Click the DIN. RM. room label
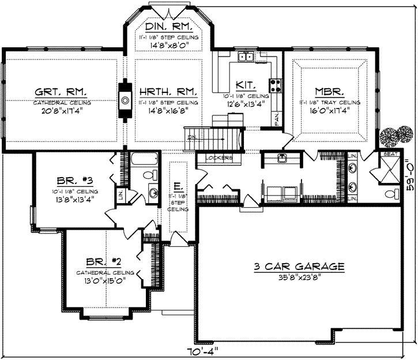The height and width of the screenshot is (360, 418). (169, 27)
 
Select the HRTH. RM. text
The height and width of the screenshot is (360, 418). (169, 92)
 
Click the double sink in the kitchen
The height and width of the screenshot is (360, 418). (247, 57)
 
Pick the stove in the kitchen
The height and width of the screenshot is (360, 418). (276, 85)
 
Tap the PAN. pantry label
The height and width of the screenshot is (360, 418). (277, 119)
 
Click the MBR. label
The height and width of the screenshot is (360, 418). (330, 92)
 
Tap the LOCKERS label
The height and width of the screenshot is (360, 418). (219, 157)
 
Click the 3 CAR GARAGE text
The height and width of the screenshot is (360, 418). (299, 267)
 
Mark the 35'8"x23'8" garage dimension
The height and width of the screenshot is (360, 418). (299, 277)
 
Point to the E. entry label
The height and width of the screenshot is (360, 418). (178, 186)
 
